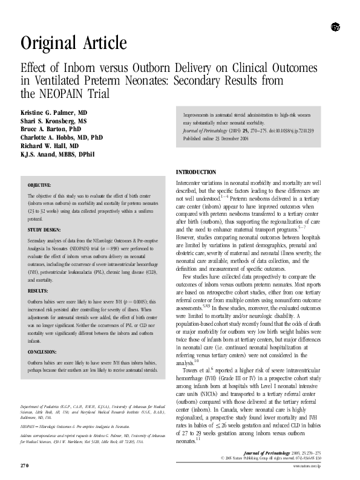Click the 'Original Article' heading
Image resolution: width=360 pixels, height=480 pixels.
point(74,44)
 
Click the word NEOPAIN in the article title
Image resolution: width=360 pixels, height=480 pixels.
point(64,94)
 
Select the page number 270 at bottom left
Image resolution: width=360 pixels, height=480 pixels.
point(24,465)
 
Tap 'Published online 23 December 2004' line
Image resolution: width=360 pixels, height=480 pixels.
point(217,138)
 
